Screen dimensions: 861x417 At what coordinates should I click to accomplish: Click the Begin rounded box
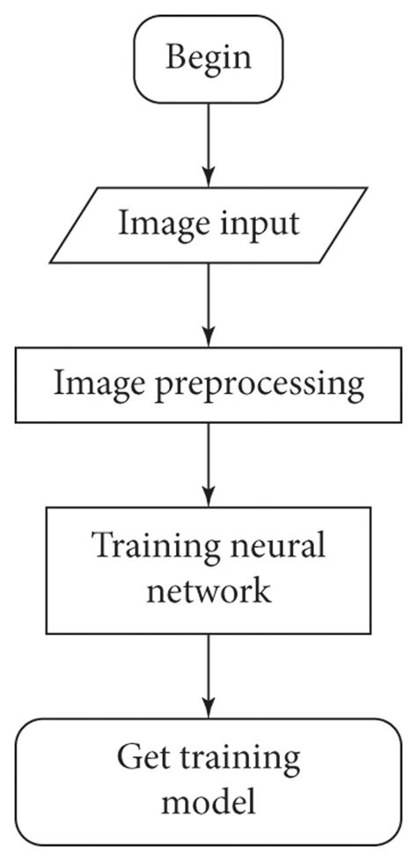click(x=208, y=58)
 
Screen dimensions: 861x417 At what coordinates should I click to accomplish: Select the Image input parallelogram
click(x=208, y=223)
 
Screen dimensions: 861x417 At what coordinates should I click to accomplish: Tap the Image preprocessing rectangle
click(x=208, y=384)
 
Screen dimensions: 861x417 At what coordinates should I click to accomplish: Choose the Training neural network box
click(x=208, y=567)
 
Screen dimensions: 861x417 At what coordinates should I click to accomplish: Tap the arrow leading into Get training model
click(x=208, y=673)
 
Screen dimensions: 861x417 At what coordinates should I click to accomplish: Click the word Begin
click(x=208, y=58)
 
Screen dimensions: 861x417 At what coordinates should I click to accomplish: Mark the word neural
click(x=281, y=547)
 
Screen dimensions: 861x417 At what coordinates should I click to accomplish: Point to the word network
click(x=208, y=589)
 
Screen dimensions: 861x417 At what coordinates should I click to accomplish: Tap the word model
click(x=208, y=800)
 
